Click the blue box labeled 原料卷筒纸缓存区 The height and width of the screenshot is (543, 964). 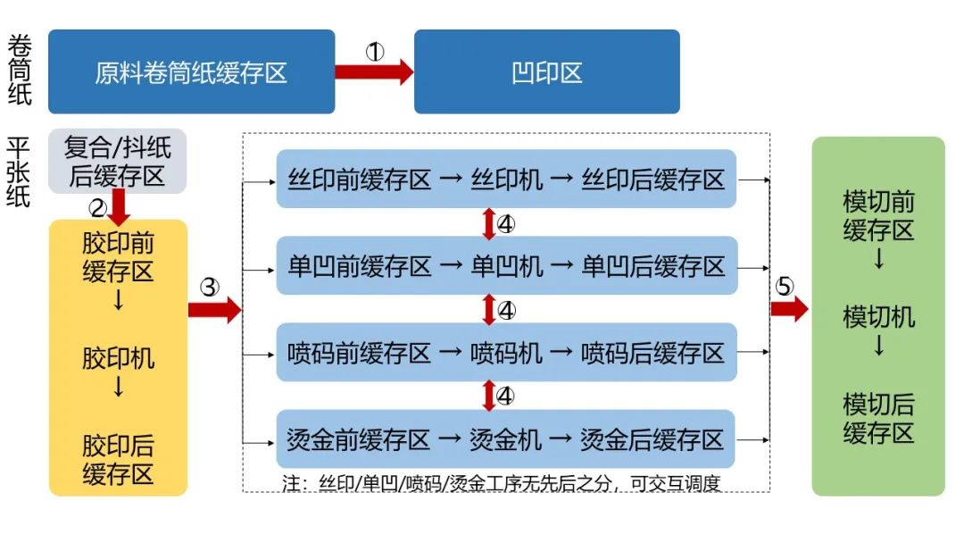tap(191, 71)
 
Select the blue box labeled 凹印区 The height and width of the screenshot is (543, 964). tap(546, 71)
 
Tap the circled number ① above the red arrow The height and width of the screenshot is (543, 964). tap(375, 52)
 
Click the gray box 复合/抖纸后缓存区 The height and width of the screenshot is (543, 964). tap(117, 161)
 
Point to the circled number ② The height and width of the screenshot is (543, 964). tap(98, 208)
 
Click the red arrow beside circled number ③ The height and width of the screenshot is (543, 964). tap(214, 310)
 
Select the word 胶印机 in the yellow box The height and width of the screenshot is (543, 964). tap(118, 359)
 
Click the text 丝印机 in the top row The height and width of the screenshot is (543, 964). tap(507, 180)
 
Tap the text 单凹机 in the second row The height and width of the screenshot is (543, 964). tap(507, 266)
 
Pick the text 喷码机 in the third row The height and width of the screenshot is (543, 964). tap(507, 353)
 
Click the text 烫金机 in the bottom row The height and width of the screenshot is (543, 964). tap(505, 439)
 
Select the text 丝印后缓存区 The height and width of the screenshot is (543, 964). tap(652, 180)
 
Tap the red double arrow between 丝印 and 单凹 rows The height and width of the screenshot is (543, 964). tap(488, 223)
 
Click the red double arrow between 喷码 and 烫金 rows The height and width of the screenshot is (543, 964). tap(488, 395)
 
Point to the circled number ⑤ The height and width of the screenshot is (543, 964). tap(783, 286)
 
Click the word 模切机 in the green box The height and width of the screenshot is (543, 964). tap(878, 317)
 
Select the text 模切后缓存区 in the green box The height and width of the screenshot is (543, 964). tap(878, 419)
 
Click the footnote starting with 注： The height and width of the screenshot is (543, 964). tap(501, 484)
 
